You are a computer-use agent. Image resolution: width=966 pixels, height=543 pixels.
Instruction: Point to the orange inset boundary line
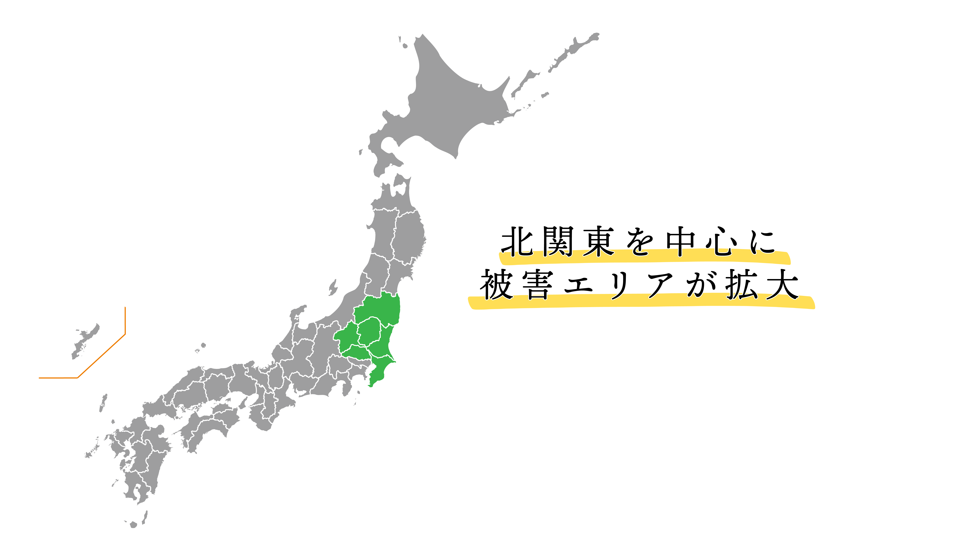coord(101,356)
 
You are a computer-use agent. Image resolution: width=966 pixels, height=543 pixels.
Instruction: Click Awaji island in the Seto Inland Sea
coord(244,403)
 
